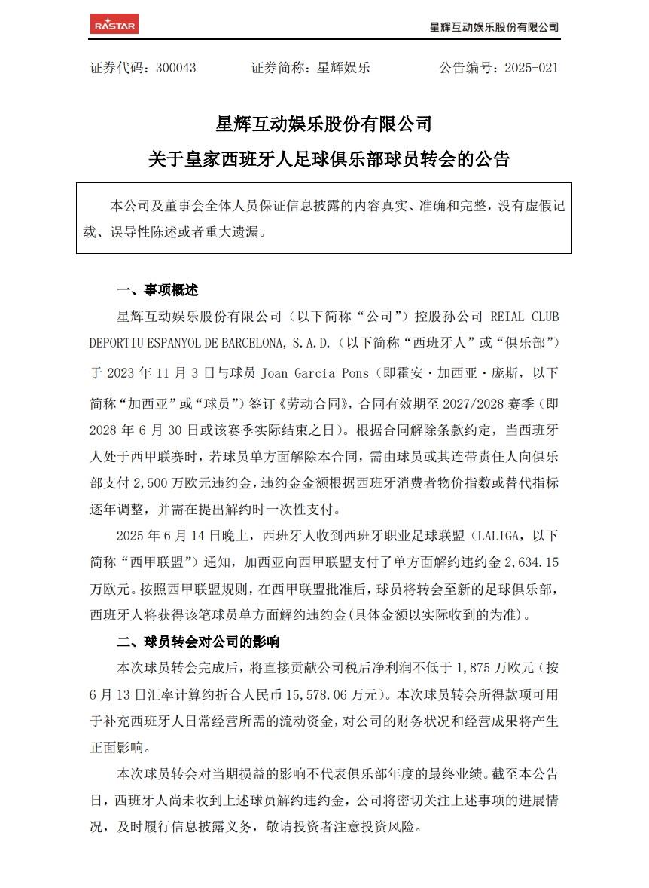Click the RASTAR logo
(114, 24)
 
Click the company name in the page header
(493, 27)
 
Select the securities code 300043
(175, 68)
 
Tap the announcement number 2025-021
(531, 68)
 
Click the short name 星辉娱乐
(344, 68)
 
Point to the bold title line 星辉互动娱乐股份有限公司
(324, 123)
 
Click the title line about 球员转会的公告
(328, 160)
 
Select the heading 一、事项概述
(157, 290)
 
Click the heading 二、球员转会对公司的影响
(198, 642)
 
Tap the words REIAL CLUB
(525, 317)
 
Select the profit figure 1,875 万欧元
(492, 668)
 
